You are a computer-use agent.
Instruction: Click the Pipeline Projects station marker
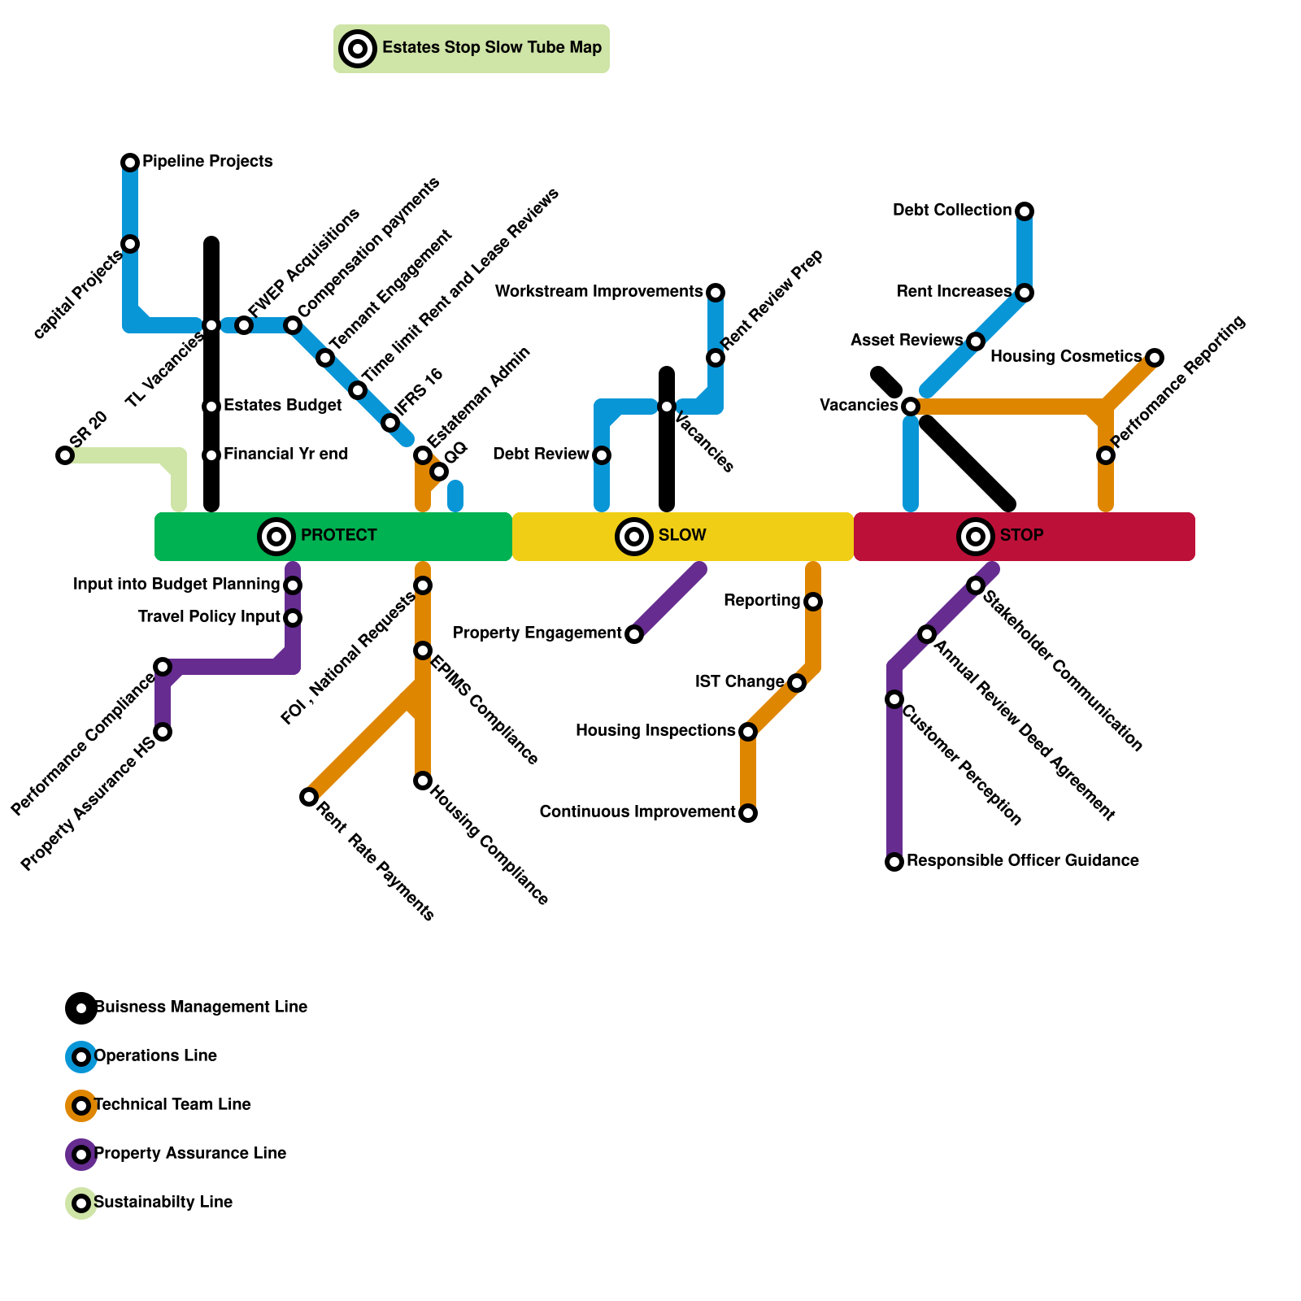click(x=130, y=163)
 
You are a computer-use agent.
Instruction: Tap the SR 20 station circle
click(x=65, y=455)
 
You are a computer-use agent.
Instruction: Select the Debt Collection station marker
click(x=1025, y=211)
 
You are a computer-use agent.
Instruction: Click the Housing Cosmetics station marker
click(x=1155, y=358)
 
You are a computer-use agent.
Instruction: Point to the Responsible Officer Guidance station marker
click(x=894, y=862)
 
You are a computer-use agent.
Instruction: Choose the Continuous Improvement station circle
click(x=748, y=813)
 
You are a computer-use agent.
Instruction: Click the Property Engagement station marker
click(x=634, y=634)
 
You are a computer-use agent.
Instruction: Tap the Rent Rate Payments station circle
click(x=309, y=797)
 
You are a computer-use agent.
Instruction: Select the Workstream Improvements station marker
click(x=716, y=293)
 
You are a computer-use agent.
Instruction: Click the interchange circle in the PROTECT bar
click(x=276, y=537)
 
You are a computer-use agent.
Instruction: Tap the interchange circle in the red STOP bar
click(x=976, y=537)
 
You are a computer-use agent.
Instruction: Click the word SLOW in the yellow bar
click(x=682, y=536)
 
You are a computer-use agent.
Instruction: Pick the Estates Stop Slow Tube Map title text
click(x=492, y=48)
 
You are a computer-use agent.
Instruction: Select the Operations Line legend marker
click(x=81, y=1057)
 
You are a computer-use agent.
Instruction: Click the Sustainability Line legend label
click(x=163, y=1203)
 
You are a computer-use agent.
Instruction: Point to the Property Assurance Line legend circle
click(x=81, y=1155)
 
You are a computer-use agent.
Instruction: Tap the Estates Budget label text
click(x=282, y=406)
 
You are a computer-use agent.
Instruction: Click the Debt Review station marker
click(x=602, y=455)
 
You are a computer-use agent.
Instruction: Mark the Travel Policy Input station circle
click(x=293, y=618)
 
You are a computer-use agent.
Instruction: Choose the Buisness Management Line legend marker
click(x=81, y=1008)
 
